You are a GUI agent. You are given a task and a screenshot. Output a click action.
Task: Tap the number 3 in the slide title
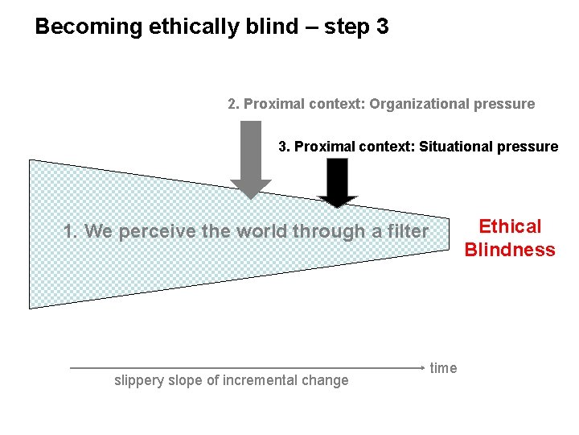point(382,27)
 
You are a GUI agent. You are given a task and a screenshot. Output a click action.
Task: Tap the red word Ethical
point(510,226)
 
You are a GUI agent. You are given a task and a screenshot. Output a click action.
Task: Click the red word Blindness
point(510,250)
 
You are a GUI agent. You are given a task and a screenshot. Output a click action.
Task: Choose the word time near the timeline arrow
point(443,368)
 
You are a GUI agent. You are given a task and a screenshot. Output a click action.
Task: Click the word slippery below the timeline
point(141,380)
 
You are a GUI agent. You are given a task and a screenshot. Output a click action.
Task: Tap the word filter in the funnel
point(407,232)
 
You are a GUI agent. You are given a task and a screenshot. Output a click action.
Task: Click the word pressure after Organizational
point(505,104)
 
